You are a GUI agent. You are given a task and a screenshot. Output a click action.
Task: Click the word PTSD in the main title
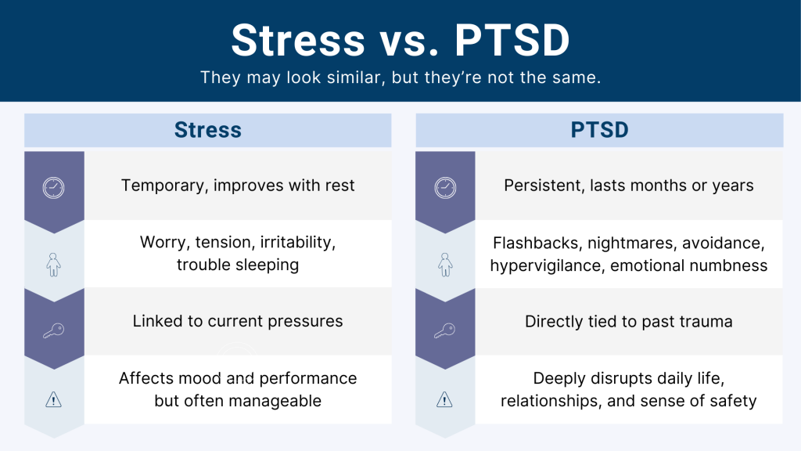(x=512, y=40)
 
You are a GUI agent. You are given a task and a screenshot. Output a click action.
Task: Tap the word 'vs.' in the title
(x=409, y=41)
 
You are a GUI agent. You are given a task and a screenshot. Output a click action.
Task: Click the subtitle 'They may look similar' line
(x=400, y=78)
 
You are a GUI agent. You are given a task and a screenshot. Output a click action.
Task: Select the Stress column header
(x=208, y=130)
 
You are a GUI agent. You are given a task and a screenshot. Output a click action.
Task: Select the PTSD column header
(x=599, y=130)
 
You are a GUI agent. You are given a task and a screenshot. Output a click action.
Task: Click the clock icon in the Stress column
(x=53, y=188)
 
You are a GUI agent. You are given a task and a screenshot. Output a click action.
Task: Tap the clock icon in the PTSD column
(x=445, y=188)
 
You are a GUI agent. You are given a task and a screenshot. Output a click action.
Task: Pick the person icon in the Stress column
(x=53, y=265)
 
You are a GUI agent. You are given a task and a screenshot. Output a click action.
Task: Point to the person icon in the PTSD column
(x=445, y=265)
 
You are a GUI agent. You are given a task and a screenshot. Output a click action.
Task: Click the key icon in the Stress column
(x=53, y=330)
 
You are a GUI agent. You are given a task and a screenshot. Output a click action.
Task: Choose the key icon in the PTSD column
(x=444, y=330)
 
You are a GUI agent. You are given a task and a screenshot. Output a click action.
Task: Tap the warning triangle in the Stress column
(x=53, y=399)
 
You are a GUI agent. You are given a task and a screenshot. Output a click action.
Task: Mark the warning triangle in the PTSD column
(x=444, y=399)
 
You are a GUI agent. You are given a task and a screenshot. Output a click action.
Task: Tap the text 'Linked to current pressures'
(x=238, y=321)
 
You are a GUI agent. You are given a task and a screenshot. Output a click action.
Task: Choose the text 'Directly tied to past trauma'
(x=629, y=322)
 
